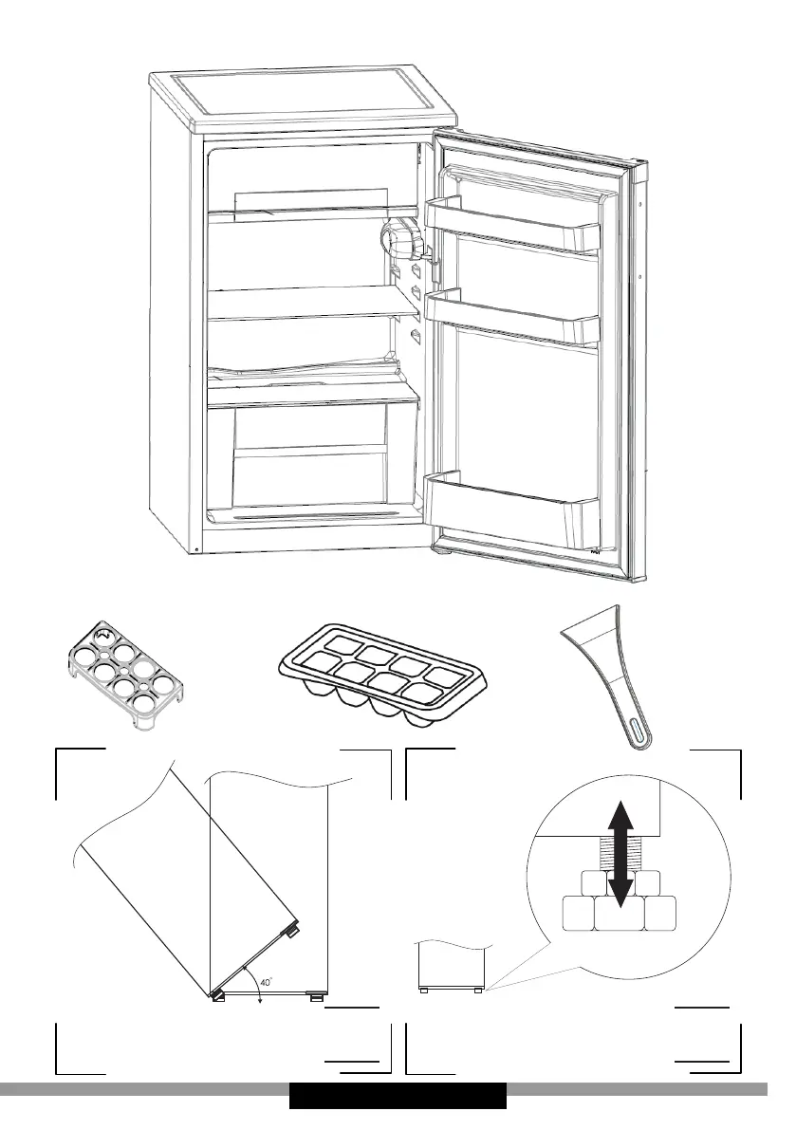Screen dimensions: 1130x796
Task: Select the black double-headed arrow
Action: (620, 853)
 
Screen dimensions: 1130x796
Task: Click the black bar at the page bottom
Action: (398, 1096)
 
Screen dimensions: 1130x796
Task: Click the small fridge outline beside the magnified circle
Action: (454, 965)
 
